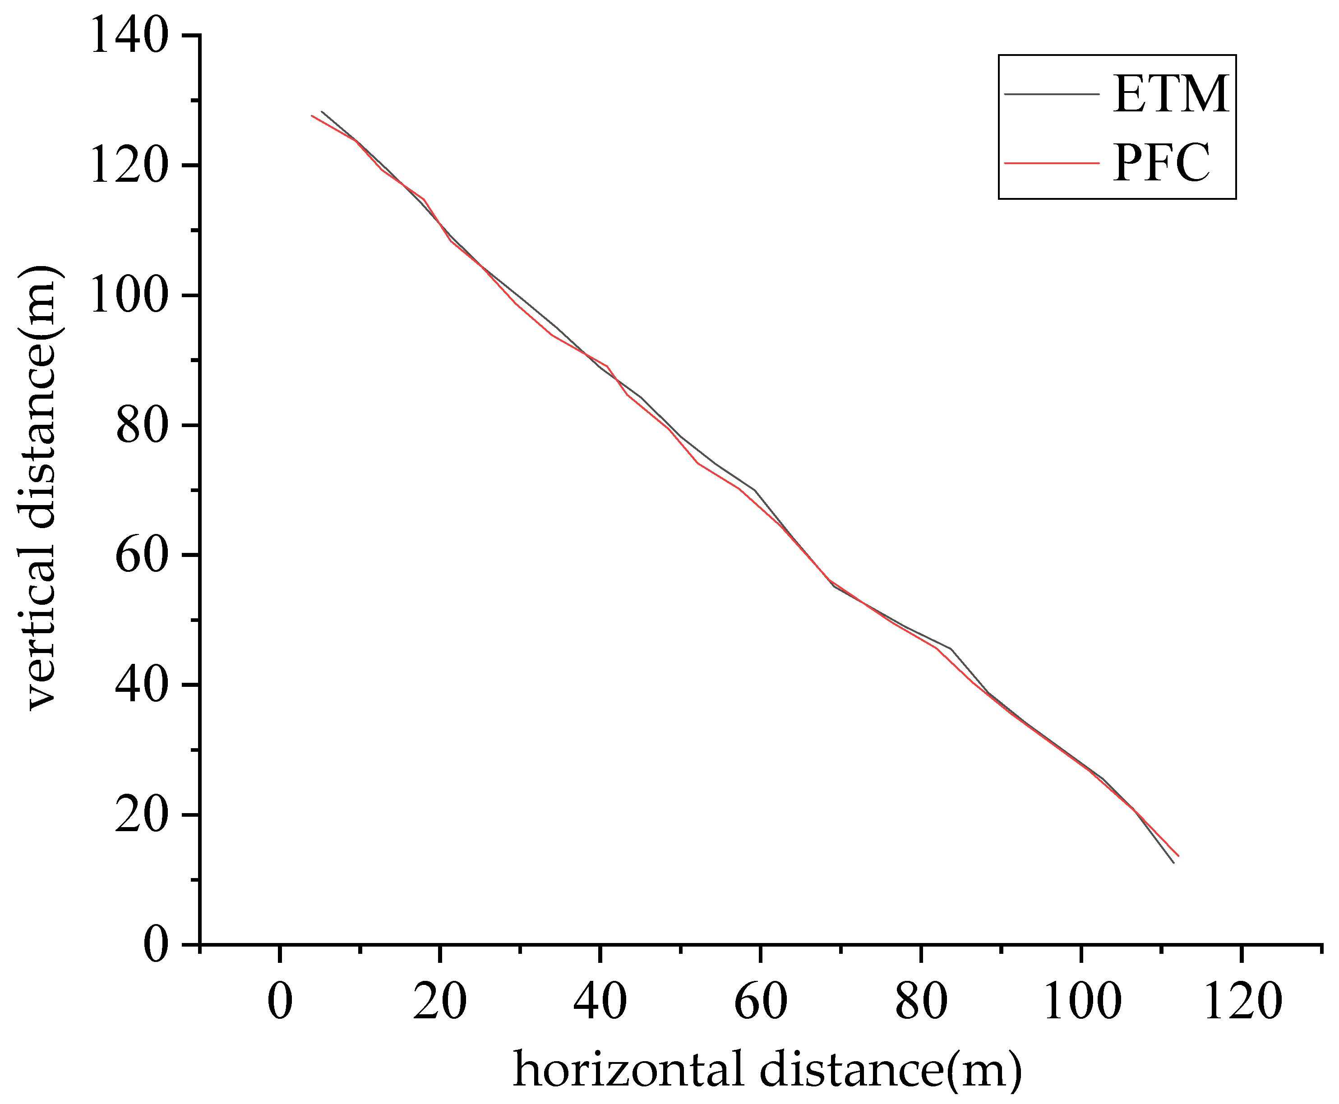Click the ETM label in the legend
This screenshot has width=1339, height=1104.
[1170, 95]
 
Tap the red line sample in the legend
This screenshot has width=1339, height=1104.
[1052, 163]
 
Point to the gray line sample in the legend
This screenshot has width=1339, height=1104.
[1052, 94]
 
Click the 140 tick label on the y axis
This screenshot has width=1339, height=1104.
[129, 36]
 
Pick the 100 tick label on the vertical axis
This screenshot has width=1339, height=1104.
[129, 296]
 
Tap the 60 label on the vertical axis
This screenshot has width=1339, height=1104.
[142, 555]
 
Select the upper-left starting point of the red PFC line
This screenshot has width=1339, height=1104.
[312, 116]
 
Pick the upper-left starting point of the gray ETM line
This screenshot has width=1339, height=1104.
[322, 112]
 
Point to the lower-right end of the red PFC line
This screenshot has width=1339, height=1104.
[1178, 856]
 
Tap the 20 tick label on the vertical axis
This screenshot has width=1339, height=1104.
[142, 814]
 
